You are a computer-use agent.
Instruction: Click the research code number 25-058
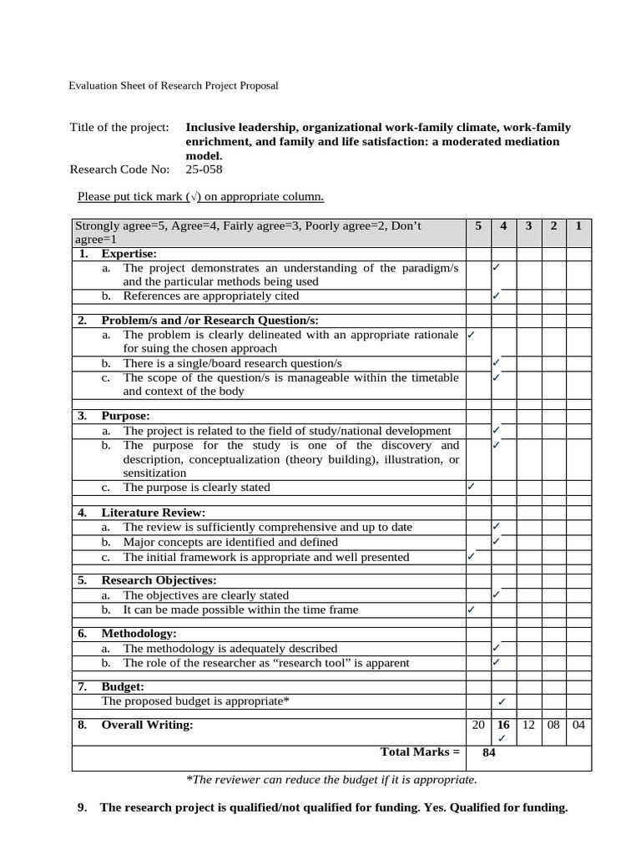coord(204,169)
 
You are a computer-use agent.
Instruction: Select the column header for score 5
coord(478,226)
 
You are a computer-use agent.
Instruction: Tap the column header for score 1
coord(578,226)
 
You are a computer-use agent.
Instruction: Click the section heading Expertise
coord(129,254)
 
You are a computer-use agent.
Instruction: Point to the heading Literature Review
coord(153,513)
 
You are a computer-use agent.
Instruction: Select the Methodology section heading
coord(139,634)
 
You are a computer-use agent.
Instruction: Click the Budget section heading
coord(123,686)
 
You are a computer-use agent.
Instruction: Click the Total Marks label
coord(420,752)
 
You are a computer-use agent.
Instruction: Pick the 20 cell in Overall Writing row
coord(478,725)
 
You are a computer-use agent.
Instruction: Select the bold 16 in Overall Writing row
coord(502,725)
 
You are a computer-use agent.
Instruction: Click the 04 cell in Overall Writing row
coord(578,725)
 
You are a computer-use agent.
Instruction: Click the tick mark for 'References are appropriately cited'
coord(496,296)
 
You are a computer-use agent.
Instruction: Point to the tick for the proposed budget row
coord(502,701)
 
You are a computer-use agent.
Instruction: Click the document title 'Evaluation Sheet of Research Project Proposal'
coord(173,85)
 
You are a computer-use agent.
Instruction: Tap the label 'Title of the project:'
coord(119,128)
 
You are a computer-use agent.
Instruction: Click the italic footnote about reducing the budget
coord(331,780)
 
